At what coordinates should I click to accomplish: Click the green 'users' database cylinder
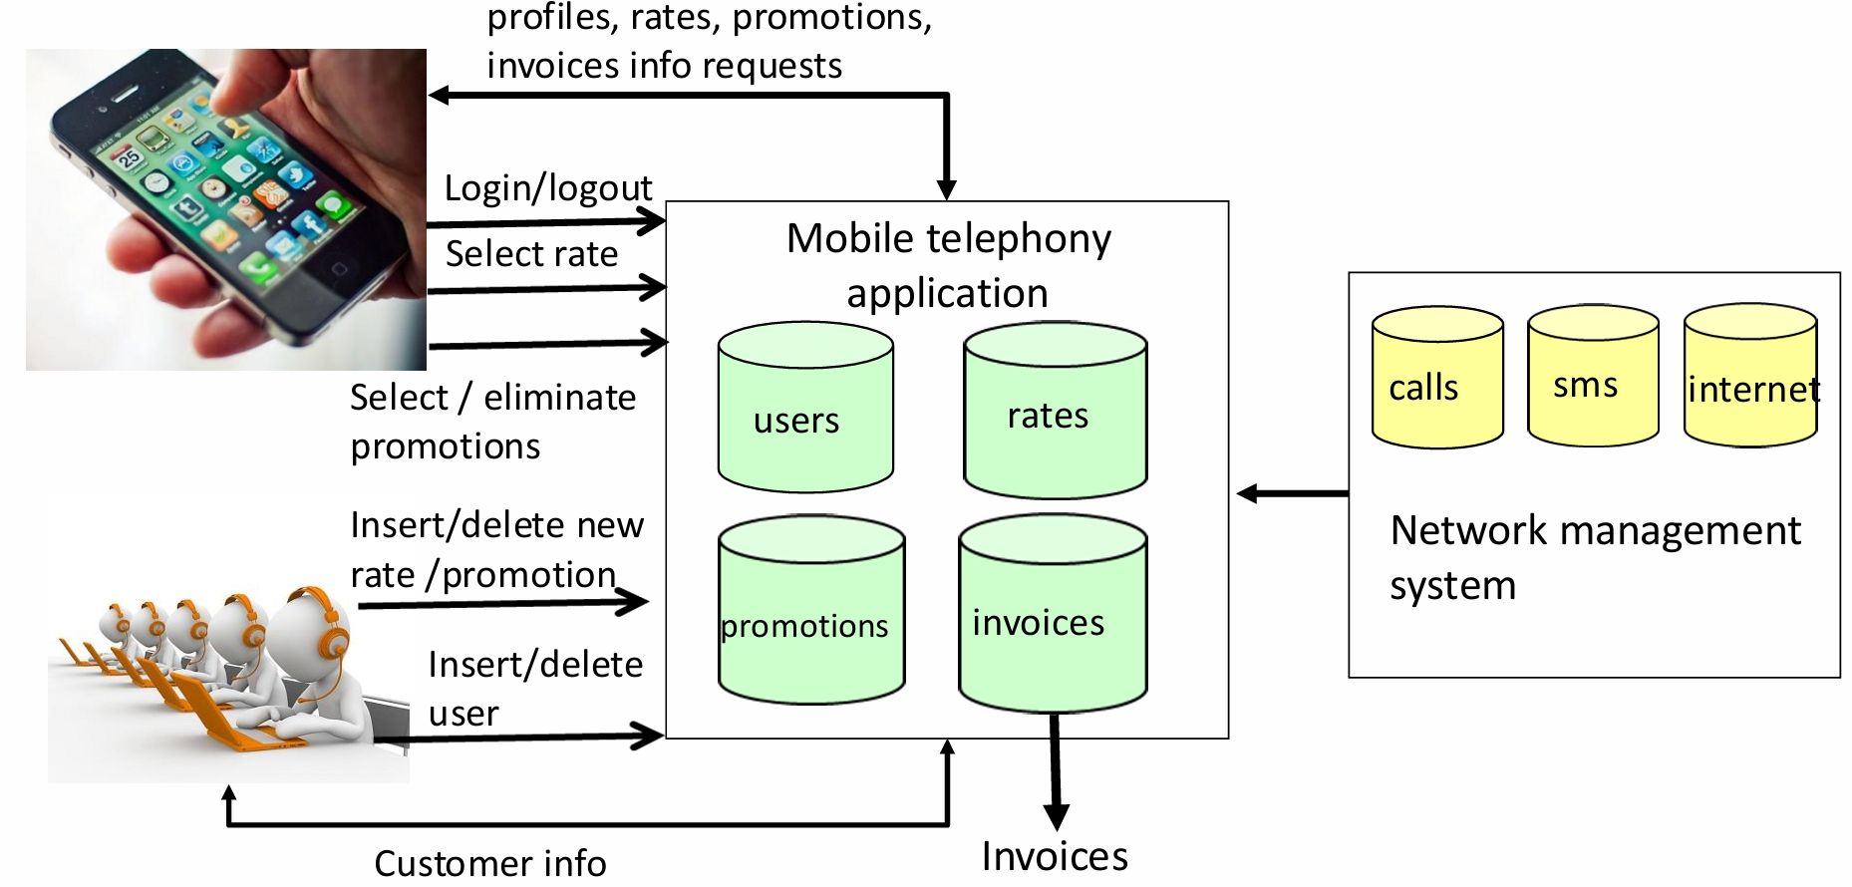coord(805,409)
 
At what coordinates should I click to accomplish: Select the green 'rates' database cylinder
coord(1055,411)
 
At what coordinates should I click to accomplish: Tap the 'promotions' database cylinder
coord(811,610)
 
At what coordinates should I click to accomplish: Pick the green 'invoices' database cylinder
coord(1053,614)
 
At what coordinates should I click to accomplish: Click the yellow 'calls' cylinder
coord(1436,379)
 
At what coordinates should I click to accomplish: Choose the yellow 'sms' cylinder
coord(1593,377)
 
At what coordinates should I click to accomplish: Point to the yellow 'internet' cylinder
coord(1750,377)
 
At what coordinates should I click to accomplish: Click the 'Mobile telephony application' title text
coord(948,265)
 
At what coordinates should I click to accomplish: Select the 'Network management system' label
coord(1595,557)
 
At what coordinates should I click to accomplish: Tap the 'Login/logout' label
coord(547,188)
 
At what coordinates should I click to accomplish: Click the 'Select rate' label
coord(531,254)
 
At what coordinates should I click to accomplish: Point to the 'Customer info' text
coord(489,863)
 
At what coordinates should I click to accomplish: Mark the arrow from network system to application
coord(1292,492)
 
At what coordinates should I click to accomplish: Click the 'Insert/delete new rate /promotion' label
coord(496,550)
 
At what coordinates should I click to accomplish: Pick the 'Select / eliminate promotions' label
coord(492,422)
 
